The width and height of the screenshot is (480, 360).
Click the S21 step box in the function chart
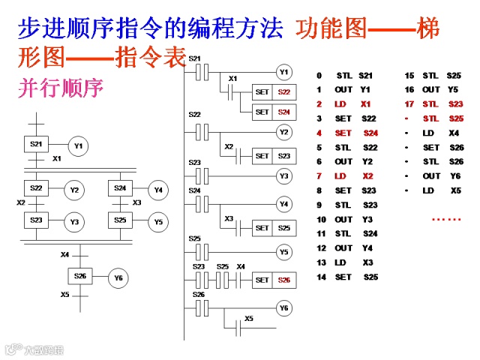pyautogui.click(x=36, y=144)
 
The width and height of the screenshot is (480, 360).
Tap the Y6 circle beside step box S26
pyautogui.click(x=118, y=277)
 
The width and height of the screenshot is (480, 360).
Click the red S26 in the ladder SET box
pyautogui.click(x=283, y=280)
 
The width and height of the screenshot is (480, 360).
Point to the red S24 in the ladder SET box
pyautogui.click(x=283, y=112)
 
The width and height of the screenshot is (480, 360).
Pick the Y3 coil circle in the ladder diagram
pyautogui.click(x=283, y=175)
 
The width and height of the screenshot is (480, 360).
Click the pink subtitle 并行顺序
pyautogui.click(x=59, y=88)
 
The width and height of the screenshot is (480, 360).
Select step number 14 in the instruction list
pyautogui.click(x=321, y=277)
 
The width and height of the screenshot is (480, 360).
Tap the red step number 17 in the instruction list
pyautogui.click(x=409, y=104)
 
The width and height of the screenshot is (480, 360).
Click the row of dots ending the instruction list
pyautogui.click(x=446, y=219)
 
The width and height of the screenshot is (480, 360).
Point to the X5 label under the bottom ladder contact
pyautogui.click(x=249, y=319)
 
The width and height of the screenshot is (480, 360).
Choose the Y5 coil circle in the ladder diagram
pyautogui.click(x=283, y=252)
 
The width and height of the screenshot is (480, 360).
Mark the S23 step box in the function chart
pyautogui.click(x=36, y=220)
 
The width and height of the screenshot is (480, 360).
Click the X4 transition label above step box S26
pyautogui.click(x=65, y=255)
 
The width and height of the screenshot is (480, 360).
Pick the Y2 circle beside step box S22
pyautogui.click(x=74, y=190)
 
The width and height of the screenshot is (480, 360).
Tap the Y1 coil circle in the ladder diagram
pyautogui.click(x=283, y=73)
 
